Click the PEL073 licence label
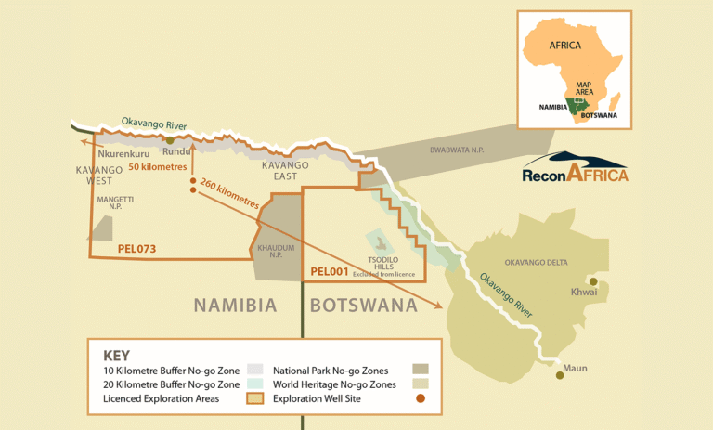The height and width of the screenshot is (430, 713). click(137, 249)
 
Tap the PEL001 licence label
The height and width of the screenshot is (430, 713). click(330, 272)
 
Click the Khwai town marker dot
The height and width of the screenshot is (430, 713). click(593, 281)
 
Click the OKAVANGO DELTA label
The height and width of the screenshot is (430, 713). click(536, 263)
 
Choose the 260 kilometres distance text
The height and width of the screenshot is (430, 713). click(230, 189)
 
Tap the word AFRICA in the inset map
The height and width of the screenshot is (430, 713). click(564, 45)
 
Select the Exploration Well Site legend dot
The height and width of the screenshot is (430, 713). click(421, 398)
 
